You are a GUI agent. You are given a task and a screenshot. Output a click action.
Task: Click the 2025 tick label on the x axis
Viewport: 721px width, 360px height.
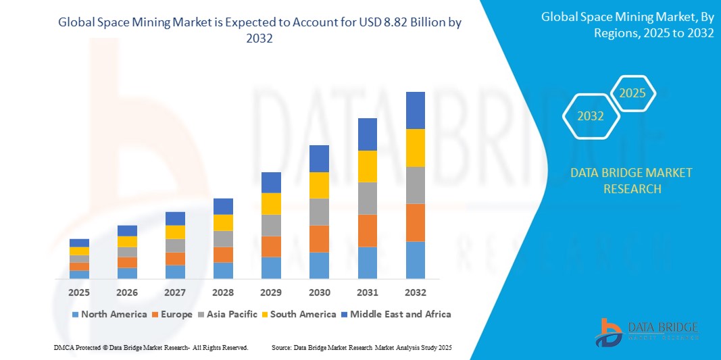coord(79,292)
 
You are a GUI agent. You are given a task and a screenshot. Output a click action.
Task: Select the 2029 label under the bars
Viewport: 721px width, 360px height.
coord(271,292)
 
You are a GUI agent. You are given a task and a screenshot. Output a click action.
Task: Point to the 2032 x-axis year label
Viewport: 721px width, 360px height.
coord(415,292)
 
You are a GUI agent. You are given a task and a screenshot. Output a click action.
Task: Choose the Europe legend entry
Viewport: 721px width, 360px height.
coord(174,314)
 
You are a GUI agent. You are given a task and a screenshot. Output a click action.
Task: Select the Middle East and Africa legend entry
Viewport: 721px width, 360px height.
coord(395,314)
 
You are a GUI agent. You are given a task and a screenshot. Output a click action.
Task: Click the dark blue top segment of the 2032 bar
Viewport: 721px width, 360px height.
coord(415,110)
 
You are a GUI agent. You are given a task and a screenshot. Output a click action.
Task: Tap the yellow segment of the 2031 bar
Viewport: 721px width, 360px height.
coord(367,166)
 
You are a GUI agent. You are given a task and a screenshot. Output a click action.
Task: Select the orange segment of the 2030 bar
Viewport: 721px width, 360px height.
coord(319,238)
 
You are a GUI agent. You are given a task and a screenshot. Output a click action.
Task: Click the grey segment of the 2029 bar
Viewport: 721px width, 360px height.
coord(271,225)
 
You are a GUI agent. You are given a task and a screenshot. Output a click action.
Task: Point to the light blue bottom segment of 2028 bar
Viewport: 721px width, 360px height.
coord(223,270)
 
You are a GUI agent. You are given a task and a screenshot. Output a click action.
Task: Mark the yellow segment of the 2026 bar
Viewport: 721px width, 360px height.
coord(127,241)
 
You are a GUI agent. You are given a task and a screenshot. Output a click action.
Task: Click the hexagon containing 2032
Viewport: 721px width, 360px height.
coord(591,116)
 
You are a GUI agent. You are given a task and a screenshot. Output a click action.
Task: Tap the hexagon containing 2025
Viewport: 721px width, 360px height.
coord(632,93)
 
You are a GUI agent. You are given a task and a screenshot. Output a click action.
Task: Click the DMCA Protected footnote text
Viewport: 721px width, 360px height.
coord(151,347)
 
